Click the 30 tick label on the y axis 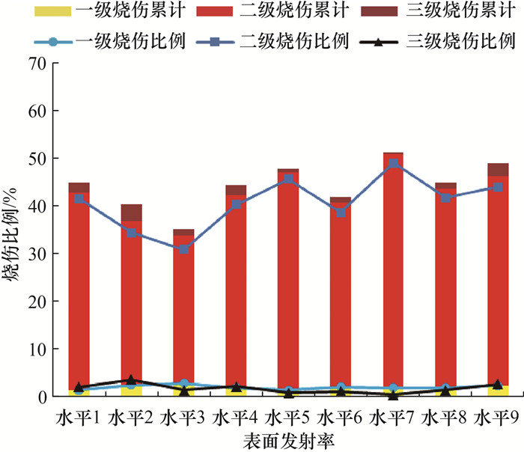pyautogui.click(x=37, y=254)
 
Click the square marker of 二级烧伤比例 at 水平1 pyautogui.click(x=79, y=199)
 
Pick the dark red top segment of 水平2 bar pyautogui.click(x=131, y=213)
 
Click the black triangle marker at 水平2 pyautogui.click(x=131, y=380)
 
